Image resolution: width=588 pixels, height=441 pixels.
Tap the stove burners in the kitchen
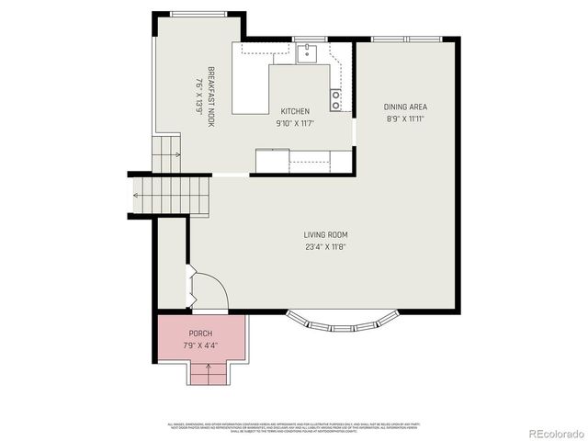pyautogui.click(x=336, y=100)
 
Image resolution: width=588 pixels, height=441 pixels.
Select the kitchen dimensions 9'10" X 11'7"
pyautogui.click(x=295, y=123)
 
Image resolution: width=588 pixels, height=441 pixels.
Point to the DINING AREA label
pyautogui.click(x=405, y=107)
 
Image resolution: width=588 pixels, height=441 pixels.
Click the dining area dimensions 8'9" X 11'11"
pyautogui.click(x=405, y=119)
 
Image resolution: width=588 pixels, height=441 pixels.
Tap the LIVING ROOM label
pyautogui.click(x=325, y=234)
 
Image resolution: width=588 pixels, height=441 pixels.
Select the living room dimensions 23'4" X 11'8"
pyautogui.click(x=325, y=246)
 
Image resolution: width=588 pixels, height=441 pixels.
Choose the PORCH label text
pyautogui.click(x=200, y=333)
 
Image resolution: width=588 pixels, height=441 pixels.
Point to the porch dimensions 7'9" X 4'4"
pyautogui.click(x=200, y=344)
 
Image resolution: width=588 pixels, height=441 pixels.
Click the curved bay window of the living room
pyautogui.click(x=343, y=322)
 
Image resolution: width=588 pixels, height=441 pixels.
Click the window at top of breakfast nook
pyautogui.click(x=199, y=14)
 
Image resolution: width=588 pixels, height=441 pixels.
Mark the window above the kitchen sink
pyautogui.click(x=309, y=39)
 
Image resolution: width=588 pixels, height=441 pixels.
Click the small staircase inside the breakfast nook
pyautogui.click(x=166, y=153)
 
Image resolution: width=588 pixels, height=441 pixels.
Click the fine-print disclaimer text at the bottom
pyautogui.click(x=294, y=427)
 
